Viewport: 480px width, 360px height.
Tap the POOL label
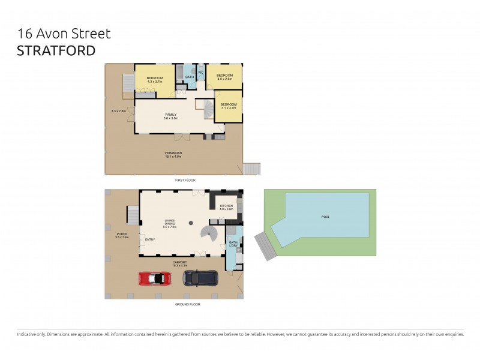[326, 217]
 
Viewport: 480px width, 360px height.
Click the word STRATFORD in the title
[56, 50]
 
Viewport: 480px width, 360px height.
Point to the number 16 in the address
[25, 34]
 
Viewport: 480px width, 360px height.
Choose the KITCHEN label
[226, 206]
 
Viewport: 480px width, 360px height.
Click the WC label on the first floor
[201, 73]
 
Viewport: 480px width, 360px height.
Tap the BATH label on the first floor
[189, 77]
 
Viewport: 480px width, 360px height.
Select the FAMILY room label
[170, 114]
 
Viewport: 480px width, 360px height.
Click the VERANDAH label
[173, 154]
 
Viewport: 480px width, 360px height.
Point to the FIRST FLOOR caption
[185, 180]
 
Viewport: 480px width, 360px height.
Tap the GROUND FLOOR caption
[188, 304]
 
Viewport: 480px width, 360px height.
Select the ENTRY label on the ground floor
[150, 239]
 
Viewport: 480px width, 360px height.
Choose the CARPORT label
[180, 262]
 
